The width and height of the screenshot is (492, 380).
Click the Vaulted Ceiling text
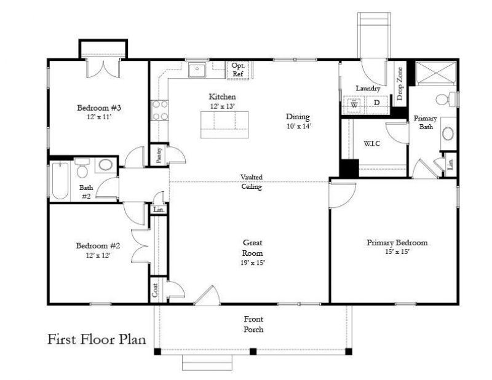(251, 182)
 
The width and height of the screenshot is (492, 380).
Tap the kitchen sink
(197, 71)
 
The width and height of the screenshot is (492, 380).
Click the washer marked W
(355, 104)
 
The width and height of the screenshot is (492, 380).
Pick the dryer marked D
(376, 104)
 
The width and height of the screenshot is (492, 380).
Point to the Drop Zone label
(400, 84)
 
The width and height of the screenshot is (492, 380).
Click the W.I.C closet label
(372, 144)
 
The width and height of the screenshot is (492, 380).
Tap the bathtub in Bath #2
(60, 180)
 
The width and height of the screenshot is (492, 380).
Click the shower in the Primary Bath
(435, 76)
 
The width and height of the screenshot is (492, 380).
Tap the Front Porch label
(253, 324)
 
